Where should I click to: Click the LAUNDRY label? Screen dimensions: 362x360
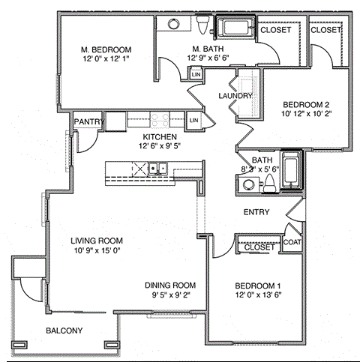point(234,96)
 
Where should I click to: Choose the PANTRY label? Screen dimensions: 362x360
point(87,122)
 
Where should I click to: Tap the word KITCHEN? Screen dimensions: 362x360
point(160,137)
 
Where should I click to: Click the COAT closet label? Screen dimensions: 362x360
point(292,242)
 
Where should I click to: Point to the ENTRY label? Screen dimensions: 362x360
point(256,212)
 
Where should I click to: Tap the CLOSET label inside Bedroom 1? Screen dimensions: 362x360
point(259,247)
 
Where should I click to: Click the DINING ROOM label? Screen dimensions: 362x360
point(170,286)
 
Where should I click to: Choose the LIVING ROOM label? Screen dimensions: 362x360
point(97,241)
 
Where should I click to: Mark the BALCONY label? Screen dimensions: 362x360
point(64,331)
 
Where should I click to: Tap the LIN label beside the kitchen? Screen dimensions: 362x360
point(193,120)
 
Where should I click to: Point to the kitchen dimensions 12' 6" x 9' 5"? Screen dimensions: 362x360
point(160,147)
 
